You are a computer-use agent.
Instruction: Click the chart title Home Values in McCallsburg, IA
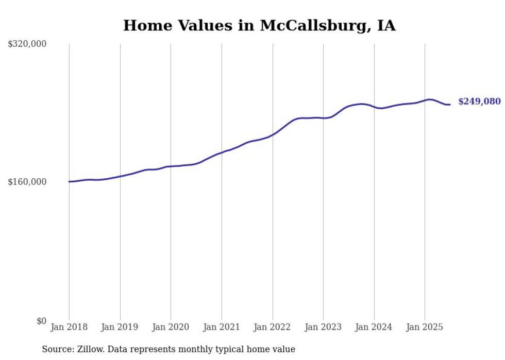pyautogui.click(x=259, y=25)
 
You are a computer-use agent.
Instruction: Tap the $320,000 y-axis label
pyautogui.click(x=27, y=44)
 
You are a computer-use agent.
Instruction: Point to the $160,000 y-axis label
pyautogui.click(x=27, y=182)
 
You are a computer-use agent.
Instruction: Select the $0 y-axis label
pyautogui.click(x=41, y=321)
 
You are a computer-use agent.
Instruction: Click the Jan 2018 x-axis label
pyautogui.click(x=69, y=327)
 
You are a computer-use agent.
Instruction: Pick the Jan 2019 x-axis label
pyautogui.click(x=120, y=327)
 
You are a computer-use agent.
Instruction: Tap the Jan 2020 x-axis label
pyautogui.click(x=171, y=327)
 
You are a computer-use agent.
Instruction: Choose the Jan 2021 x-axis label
pyautogui.click(x=222, y=327)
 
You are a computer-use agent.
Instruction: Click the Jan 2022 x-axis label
pyautogui.click(x=272, y=327)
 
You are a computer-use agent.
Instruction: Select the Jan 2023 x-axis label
pyautogui.click(x=323, y=327)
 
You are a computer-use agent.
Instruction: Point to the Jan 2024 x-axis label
pyautogui.click(x=374, y=327)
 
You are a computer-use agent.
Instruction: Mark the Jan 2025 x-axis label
pyautogui.click(x=425, y=327)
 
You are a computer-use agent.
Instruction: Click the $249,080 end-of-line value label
pyautogui.click(x=479, y=101)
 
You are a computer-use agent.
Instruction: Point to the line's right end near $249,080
pyautogui.click(x=450, y=105)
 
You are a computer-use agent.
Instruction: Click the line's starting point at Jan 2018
pyautogui.click(x=69, y=181)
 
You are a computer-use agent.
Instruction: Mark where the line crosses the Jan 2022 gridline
pyautogui.click(x=273, y=134)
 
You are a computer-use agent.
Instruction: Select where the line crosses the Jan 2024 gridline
pyautogui.click(x=374, y=107)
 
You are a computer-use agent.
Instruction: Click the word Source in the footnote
pyautogui.click(x=57, y=349)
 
